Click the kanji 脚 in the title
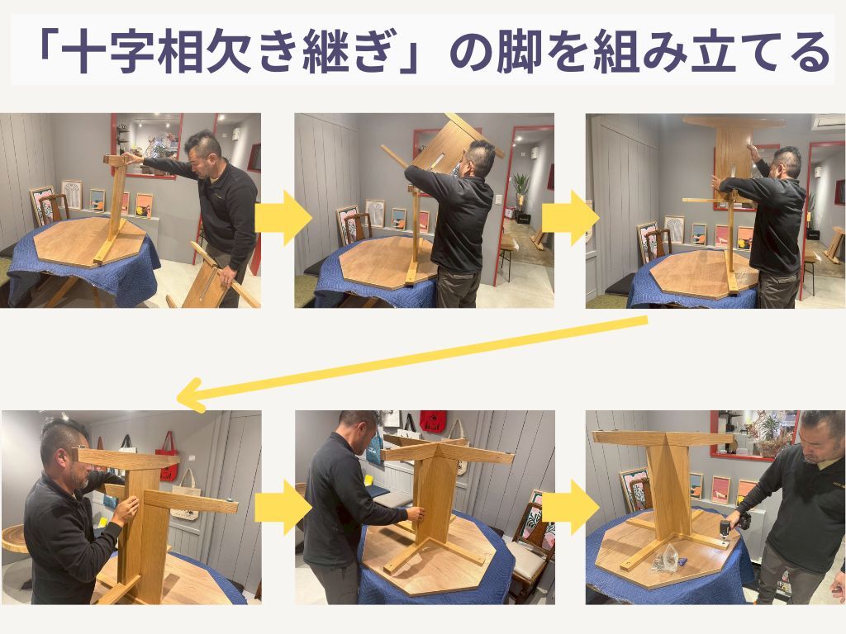[x=520, y=53]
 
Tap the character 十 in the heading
[x=83, y=53]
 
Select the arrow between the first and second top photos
[x=283, y=217]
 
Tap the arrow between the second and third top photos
[x=571, y=217]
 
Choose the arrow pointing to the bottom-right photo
[x=571, y=508]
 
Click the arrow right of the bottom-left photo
[x=283, y=508]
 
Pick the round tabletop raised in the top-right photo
[x=734, y=121]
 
